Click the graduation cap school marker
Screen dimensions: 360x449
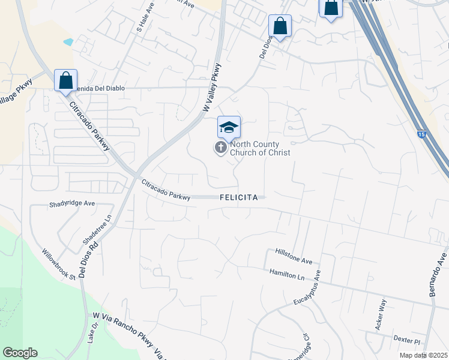click(229, 128)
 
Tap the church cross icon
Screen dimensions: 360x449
click(221, 147)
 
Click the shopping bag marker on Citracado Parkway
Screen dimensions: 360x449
click(65, 81)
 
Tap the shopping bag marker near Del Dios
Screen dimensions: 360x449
click(280, 26)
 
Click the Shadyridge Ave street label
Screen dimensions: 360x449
click(71, 204)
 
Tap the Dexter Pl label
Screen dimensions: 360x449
click(406, 339)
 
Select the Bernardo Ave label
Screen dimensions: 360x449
click(439, 269)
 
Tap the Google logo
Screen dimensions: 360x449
click(20, 353)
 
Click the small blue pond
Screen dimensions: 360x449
click(68, 43)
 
